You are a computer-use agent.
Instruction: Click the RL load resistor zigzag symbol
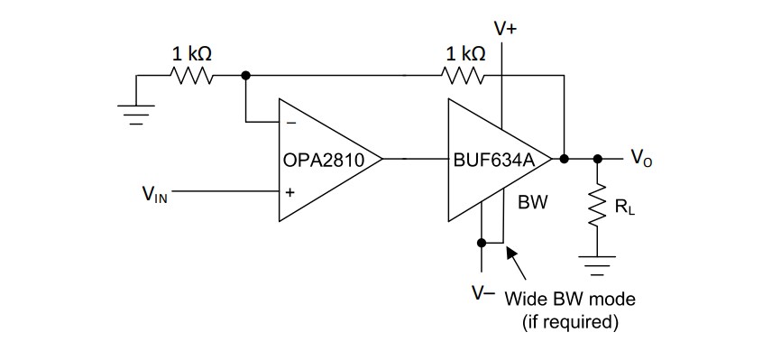(595, 209)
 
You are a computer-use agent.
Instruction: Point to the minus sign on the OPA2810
(289, 125)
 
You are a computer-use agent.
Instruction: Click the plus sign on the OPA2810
(289, 192)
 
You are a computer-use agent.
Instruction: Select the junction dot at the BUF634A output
(564, 159)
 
